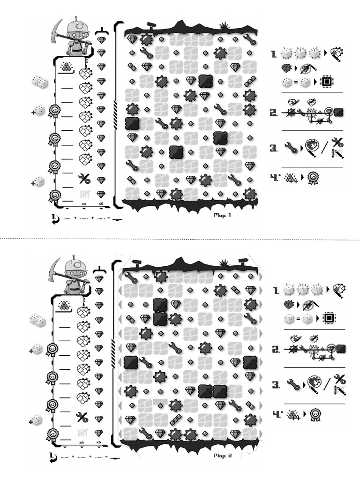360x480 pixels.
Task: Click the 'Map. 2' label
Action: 222,455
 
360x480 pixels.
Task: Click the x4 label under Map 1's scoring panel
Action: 83,204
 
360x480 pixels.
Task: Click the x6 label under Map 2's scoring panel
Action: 98,442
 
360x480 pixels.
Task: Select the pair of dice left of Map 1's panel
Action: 40,82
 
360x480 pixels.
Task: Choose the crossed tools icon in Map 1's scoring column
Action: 84,179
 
